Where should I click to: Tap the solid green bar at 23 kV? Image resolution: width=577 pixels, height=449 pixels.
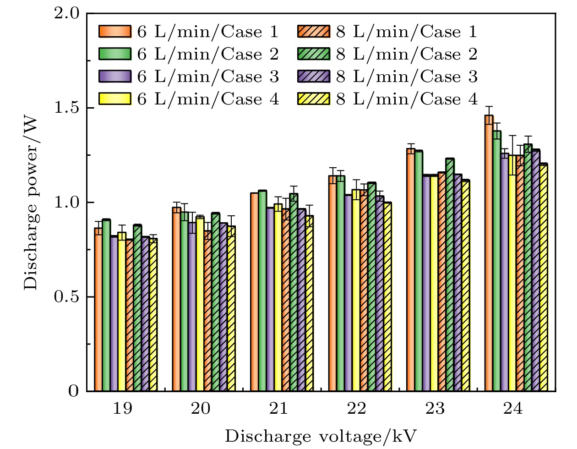419,271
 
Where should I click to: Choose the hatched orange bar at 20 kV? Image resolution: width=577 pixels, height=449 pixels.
208,311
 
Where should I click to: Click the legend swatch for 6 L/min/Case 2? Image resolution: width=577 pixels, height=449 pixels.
115,54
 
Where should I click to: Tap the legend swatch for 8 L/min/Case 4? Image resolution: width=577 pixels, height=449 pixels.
314,99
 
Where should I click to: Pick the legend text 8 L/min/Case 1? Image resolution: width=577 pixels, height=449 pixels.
407,32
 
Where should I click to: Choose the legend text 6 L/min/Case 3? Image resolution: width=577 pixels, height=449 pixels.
208,77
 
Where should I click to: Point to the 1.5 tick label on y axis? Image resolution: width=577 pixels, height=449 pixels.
68,108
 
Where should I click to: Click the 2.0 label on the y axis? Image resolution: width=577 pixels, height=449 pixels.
68,14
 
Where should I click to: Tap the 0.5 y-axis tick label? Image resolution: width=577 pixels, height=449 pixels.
68,297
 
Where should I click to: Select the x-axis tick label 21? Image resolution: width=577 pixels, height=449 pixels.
278,408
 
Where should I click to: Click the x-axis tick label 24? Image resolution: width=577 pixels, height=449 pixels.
512,408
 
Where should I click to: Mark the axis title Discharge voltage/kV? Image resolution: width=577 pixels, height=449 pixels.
321,436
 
